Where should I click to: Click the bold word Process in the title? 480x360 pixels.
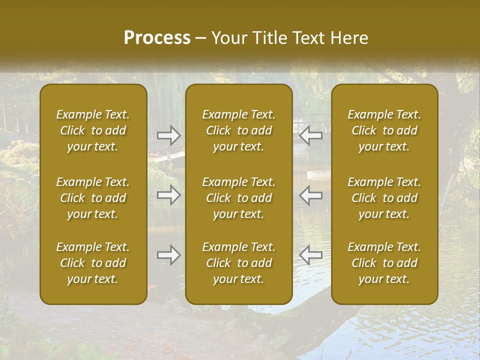(x=157, y=38)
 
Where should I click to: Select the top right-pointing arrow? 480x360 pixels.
(x=169, y=135)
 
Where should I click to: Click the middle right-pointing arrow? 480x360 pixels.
(x=169, y=195)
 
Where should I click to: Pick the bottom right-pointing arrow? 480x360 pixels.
(x=169, y=255)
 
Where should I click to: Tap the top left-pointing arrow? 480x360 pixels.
(x=311, y=135)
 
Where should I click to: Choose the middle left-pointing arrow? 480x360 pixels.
(x=311, y=195)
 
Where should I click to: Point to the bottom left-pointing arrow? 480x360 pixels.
(x=311, y=255)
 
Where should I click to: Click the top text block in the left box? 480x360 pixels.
(x=93, y=130)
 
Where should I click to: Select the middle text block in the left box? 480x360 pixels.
(x=93, y=198)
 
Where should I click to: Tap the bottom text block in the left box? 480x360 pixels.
(x=93, y=263)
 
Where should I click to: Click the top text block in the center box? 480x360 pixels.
(x=239, y=130)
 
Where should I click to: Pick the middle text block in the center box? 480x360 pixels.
(x=239, y=198)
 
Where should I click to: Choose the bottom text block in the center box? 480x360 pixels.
(x=239, y=263)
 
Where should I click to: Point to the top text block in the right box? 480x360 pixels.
(x=384, y=130)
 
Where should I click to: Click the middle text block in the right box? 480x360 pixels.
(x=384, y=198)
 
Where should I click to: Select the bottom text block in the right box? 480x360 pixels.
(x=384, y=263)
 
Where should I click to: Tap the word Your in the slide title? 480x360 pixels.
(x=228, y=38)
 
